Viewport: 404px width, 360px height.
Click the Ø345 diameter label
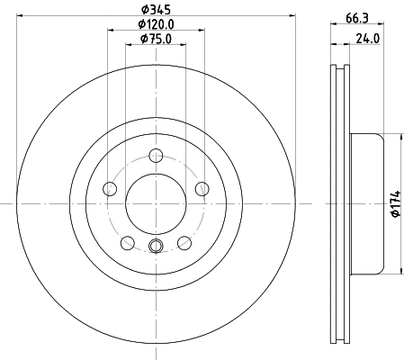coord(155,11)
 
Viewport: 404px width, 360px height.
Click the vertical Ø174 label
coord(394,204)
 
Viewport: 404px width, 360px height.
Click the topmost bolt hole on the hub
coord(156,154)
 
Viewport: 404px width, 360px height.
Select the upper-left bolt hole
coord(111,189)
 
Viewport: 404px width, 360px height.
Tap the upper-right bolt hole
coord(200,188)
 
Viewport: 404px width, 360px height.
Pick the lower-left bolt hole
coord(127,241)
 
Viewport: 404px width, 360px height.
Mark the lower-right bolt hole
coord(184,241)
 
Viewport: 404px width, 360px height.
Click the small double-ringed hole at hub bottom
coord(155,247)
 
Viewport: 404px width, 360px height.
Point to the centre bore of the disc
coord(155,202)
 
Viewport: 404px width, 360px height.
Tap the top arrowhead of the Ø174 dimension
coord(400,139)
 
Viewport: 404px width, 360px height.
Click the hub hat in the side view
coord(364,204)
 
